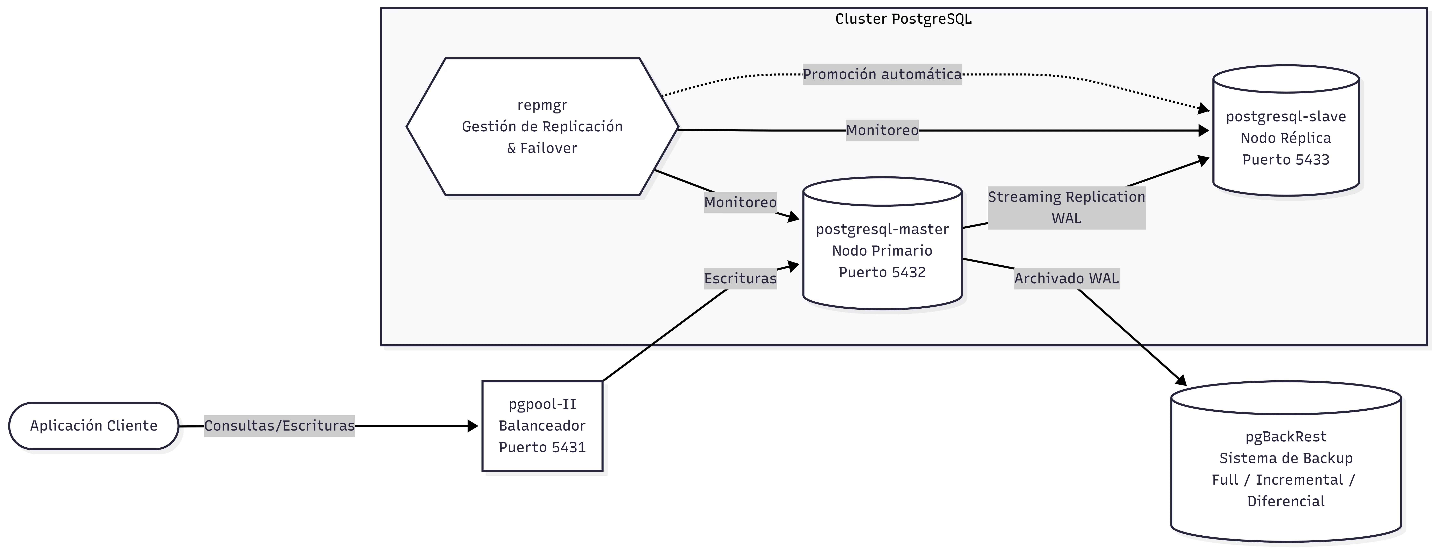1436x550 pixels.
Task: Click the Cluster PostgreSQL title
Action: click(x=903, y=19)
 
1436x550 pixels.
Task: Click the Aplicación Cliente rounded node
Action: click(x=94, y=426)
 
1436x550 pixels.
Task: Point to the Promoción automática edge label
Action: click(x=882, y=74)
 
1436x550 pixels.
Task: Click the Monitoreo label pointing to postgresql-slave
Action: click(x=882, y=131)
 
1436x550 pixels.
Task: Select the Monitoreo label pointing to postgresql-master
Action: click(x=740, y=202)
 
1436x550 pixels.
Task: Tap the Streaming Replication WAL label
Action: click(x=1066, y=207)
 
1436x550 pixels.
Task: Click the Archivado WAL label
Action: click(x=1066, y=278)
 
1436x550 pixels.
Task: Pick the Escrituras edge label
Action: click(x=740, y=278)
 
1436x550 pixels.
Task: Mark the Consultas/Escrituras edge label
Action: click(x=279, y=426)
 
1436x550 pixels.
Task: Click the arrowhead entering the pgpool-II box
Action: click(x=473, y=426)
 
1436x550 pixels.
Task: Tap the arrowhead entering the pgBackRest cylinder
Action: click(x=1181, y=381)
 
